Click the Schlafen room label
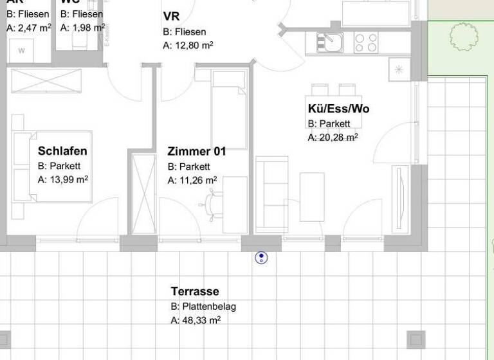coord(62,152)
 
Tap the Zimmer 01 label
coord(197,152)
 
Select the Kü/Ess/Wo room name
coord(338,109)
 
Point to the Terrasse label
coord(195,291)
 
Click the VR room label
coord(171,16)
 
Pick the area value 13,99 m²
coord(63,180)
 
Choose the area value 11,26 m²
coord(192,181)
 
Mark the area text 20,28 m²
coord(333,137)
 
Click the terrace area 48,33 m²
coord(196,319)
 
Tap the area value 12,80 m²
coord(188,46)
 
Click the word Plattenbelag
coord(203,307)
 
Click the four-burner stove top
coord(366,42)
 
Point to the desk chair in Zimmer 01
coord(212,204)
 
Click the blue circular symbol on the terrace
coord(261,258)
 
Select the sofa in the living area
coord(271,194)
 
